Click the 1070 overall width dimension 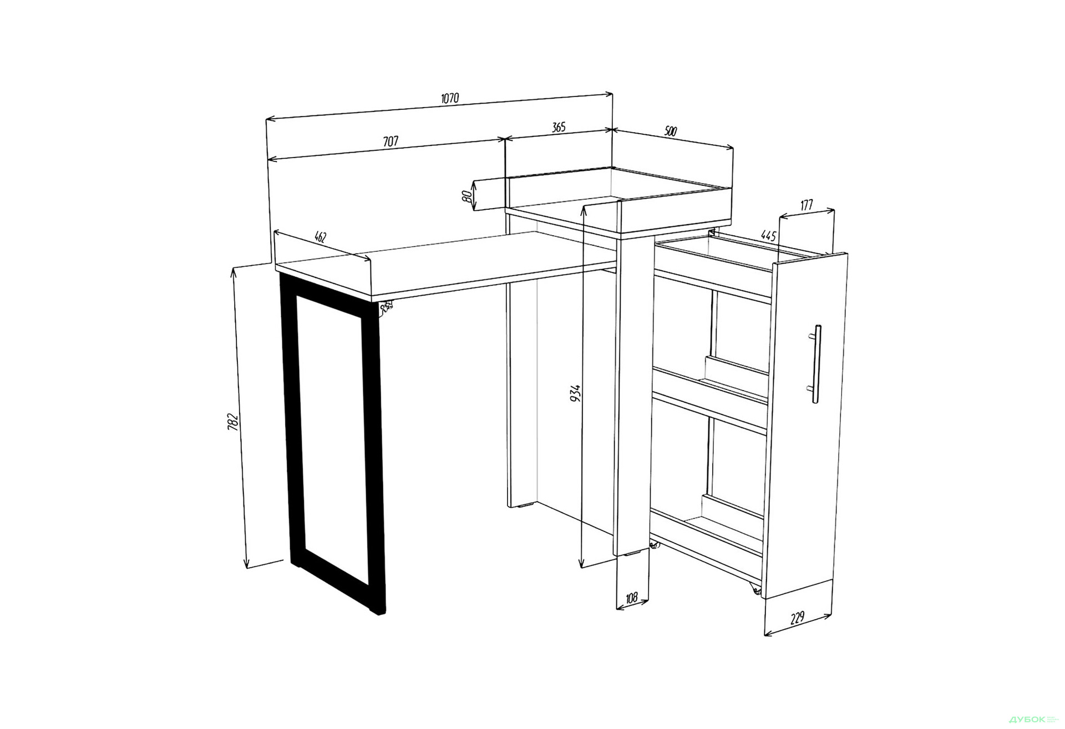tap(450, 98)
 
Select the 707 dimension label tap(390, 141)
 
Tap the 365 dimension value tap(559, 127)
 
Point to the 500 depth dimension tap(671, 131)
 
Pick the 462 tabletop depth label tap(321, 237)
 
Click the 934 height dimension tap(576, 393)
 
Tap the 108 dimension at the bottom tap(631, 598)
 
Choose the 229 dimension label tap(797, 618)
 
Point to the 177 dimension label tap(807, 205)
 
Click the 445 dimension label tap(768, 235)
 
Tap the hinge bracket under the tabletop tap(386, 307)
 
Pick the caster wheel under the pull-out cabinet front tap(755, 589)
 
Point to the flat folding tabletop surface tap(444, 263)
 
